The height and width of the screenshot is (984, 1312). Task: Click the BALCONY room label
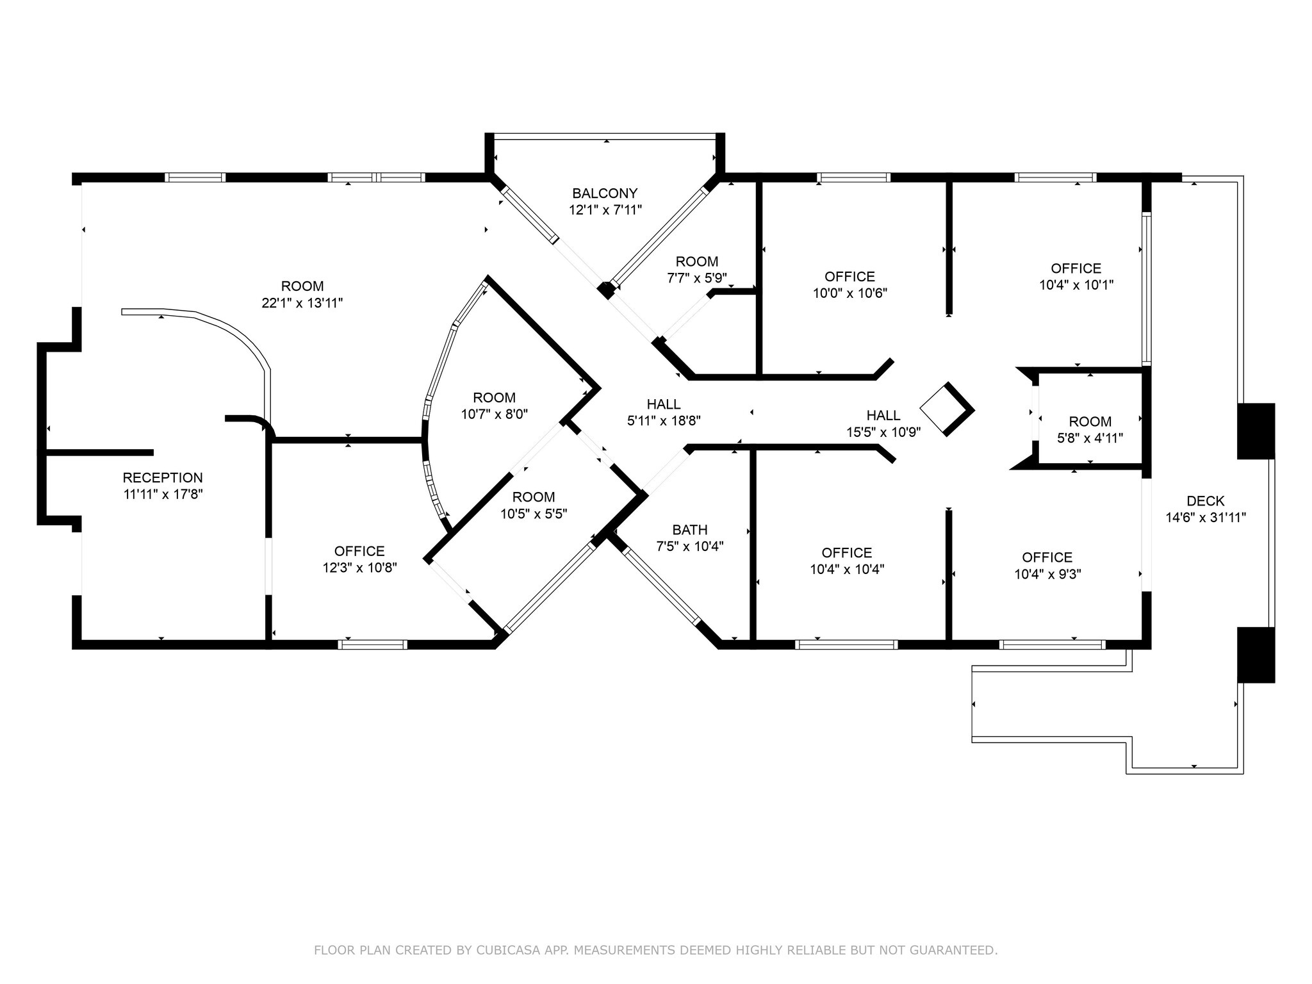click(605, 193)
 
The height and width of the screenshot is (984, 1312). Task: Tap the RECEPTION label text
click(163, 477)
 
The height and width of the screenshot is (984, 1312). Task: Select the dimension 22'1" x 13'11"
click(302, 303)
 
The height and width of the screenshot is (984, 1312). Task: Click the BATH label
click(690, 530)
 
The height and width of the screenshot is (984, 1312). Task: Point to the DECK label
click(1205, 501)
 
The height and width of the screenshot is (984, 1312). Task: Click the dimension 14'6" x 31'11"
click(1205, 518)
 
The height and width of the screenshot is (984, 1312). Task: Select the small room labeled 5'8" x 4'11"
click(1090, 429)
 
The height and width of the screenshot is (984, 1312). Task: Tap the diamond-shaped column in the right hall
click(946, 409)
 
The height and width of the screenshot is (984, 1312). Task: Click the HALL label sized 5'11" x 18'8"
click(664, 404)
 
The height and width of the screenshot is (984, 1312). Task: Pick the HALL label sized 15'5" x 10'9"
click(883, 416)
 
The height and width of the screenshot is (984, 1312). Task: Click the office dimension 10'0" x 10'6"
click(849, 293)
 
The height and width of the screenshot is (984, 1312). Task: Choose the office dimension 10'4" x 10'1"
click(1076, 285)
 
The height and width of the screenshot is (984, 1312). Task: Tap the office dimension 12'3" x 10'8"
click(359, 568)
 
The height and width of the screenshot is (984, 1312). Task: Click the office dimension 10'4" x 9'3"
click(1047, 574)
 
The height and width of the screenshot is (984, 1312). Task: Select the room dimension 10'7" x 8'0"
click(494, 414)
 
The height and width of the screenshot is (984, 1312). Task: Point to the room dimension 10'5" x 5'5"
click(534, 514)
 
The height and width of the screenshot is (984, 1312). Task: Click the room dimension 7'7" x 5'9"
click(697, 278)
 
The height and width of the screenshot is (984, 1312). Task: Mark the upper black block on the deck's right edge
click(1255, 431)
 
